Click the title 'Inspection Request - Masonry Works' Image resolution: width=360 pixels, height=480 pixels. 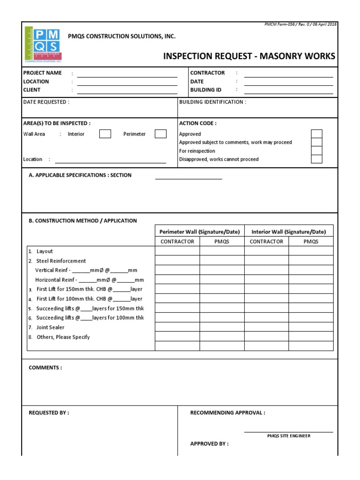pos(249,56)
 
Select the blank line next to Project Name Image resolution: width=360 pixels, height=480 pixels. pos(127,74)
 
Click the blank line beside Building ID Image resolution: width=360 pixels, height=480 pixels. pos(288,91)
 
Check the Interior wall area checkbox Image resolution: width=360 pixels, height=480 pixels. pos(105,134)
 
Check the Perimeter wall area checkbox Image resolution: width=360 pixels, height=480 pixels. pos(161,134)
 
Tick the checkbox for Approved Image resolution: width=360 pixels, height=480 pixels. pos(317,134)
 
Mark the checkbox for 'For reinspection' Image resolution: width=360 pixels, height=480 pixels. pos(317,151)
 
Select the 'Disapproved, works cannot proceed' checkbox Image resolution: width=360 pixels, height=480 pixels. pos(317,159)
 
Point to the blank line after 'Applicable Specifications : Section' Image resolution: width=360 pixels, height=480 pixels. pos(188,178)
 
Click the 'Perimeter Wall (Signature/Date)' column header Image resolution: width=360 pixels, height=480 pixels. pos(200,232)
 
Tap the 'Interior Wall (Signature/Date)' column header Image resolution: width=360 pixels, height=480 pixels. pos(289,232)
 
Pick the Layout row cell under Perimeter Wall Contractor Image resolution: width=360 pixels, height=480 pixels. pos(177,251)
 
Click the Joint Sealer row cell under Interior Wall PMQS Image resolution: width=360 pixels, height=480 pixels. pos(311,327)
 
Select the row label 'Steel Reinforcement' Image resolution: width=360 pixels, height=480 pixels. pos(61,261)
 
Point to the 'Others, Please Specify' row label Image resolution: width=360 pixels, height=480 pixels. pos(63,337)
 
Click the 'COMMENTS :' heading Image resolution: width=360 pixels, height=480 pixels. pos(45,367)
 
